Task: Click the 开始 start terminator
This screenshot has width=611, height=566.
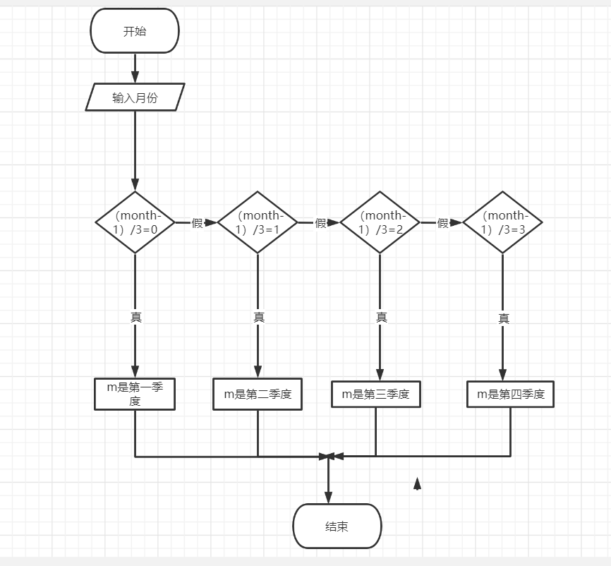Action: pyautogui.click(x=135, y=31)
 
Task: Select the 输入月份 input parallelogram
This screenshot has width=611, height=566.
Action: pyautogui.click(x=135, y=97)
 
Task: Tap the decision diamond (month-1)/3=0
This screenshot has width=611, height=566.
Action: pyautogui.click(x=135, y=222)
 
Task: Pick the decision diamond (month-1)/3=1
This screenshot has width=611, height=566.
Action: pyautogui.click(x=258, y=222)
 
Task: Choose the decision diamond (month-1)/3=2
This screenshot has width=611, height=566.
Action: pyautogui.click(x=380, y=222)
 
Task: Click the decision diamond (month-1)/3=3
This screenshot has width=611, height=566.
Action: pyautogui.click(x=502, y=222)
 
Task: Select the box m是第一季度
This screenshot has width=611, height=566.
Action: pyautogui.click(x=135, y=394)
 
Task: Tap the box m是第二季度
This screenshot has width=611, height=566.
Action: pyautogui.click(x=258, y=395)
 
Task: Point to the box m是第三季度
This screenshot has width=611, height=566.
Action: pyautogui.click(x=375, y=395)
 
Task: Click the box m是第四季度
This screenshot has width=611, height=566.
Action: pyautogui.click(x=511, y=395)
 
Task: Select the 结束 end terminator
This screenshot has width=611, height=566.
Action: pyautogui.click(x=337, y=526)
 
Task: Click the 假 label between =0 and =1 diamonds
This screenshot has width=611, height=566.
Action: pyautogui.click(x=198, y=223)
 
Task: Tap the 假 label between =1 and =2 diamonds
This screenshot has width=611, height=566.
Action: pyautogui.click(x=321, y=223)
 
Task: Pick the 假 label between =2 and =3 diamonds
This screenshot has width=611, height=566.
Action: pyautogui.click(x=443, y=223)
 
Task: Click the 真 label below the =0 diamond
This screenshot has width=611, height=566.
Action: pyautogui.click(x=135, y=318)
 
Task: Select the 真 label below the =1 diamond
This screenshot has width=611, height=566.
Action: pyautogui.click(x=259, y=318)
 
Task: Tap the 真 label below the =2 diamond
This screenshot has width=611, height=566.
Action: pyautogui.click(x=382, y=318)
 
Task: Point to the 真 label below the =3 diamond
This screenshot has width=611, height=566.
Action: pyautogui.click(x=504, y=319)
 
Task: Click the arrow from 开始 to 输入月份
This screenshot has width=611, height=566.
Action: pyautogui.click(x=135, y=68)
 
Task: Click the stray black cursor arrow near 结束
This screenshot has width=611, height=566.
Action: pyautogui.click(x=417, y=483)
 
